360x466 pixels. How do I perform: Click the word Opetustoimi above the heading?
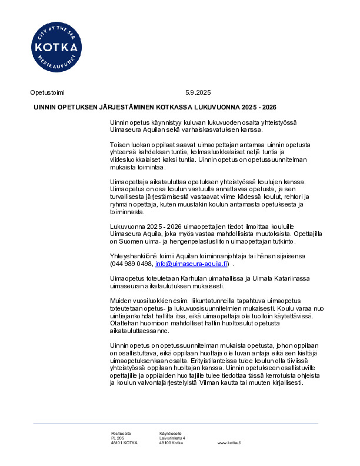pyautogui.click(x=47, y=92)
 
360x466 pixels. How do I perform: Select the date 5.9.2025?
pyautogui.click(x=198, y=92)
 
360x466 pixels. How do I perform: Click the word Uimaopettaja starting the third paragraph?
pyautogui.click(x=129, y=182)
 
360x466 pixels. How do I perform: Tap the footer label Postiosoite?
pyautogui.click(x=121, y=433)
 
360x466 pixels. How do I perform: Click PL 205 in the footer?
pyautogui.click(x=118, y=438)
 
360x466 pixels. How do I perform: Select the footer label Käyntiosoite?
pyautogui.click(x=171, y=433)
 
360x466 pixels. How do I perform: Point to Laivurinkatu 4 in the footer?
pyautogui.click(x=172, y=438)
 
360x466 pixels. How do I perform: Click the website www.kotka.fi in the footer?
pyautogui.click(x=229, y=442)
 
